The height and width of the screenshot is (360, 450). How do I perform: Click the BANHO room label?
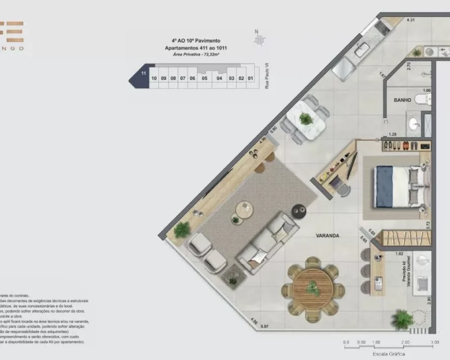402,100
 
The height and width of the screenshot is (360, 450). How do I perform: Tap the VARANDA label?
327,235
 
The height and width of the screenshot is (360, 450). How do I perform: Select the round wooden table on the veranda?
312,288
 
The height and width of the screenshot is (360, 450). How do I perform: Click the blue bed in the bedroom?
396,187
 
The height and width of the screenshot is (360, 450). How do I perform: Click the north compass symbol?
258,39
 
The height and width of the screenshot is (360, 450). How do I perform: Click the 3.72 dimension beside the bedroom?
428,223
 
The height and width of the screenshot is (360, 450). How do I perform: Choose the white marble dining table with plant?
306,120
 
